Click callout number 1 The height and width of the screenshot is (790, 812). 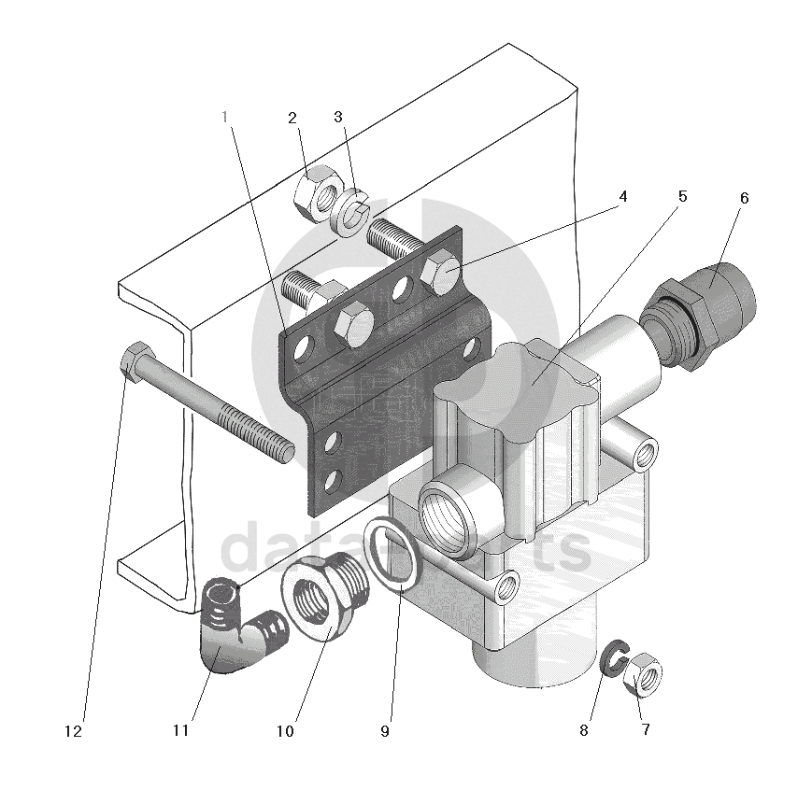coord(224,117)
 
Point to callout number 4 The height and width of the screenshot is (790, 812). coord(622,197)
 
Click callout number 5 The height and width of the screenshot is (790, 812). coord(682,197)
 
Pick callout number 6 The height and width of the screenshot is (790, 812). coord(744,198)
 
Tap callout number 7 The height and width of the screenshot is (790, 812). coord(645,729)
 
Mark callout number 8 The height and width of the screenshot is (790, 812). coord(584,730)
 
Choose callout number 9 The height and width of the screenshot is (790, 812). coord(384,731)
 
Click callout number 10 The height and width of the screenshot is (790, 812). coord(285,731)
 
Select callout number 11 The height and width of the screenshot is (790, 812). coord(180,731)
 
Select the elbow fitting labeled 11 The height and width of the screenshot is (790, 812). coord(228,631)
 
